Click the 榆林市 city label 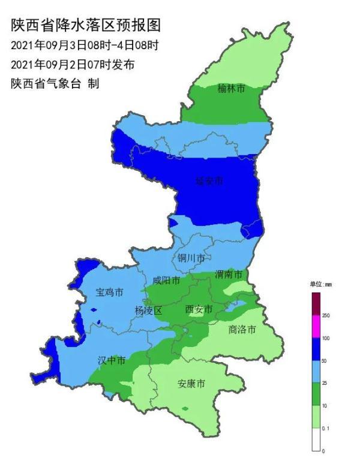point(231,89)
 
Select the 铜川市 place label point(191,258)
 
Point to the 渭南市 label point(229,275)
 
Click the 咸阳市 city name point(166,280)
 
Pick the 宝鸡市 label point(110,293)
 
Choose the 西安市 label point(199,309)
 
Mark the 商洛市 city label point(242,329)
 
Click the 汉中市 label point(112,360)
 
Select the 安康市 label point(191,383)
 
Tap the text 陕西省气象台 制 point(55,84)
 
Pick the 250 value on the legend point(327,315)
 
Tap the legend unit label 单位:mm point(320,284)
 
